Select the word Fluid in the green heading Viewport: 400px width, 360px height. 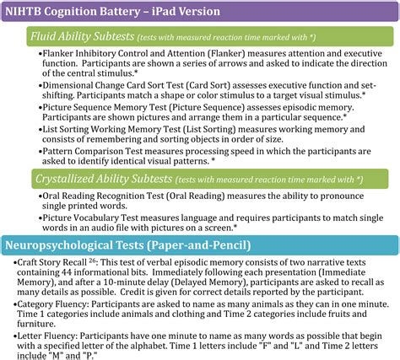click(x=47, y=38)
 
